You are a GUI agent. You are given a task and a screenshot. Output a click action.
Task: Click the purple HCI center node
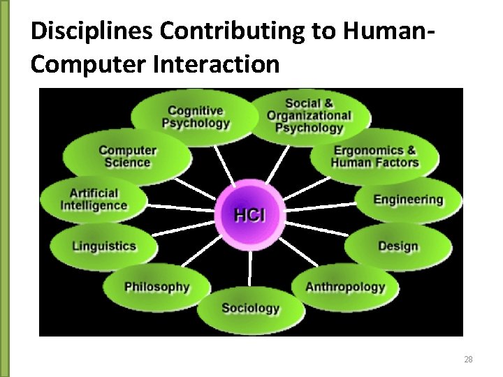click(249, 214)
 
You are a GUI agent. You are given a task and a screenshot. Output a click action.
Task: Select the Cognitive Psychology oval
click(195, 117)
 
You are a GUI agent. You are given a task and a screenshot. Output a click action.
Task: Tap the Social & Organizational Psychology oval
click(308, 115)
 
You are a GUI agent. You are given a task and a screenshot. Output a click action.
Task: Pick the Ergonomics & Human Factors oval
click(374, 156)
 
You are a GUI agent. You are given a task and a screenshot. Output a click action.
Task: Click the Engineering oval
click(408, 200)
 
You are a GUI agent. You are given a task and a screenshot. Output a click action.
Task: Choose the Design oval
click(398, 246)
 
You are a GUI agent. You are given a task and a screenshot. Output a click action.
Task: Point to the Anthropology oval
click(345, 286)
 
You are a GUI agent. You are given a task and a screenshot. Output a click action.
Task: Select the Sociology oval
click(250, 308)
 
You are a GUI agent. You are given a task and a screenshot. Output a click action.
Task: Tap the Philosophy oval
click(156, 286)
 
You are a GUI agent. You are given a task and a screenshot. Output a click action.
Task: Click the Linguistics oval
click(103, 246)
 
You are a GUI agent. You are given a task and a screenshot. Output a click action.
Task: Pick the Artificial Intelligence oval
click(94, 200)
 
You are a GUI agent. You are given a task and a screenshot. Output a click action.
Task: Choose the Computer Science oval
click(127, 156)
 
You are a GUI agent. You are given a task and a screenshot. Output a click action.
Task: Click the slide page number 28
click(468, 360)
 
